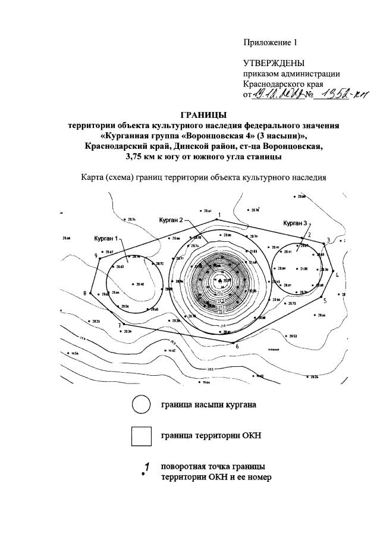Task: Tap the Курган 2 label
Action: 171,220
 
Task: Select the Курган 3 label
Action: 295,223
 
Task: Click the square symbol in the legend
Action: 141,437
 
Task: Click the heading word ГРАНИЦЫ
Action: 203,115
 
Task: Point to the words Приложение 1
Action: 269,42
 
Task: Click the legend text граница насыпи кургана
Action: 209,406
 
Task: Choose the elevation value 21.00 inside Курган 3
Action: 304,269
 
